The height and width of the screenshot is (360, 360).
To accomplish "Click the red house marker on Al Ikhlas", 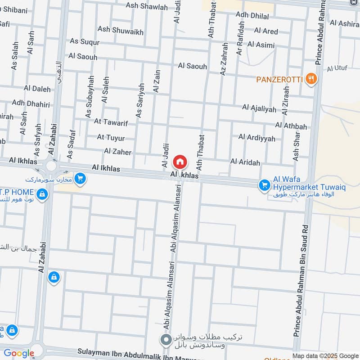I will pos(180,161).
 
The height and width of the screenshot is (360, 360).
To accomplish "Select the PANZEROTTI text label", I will pos(279,80).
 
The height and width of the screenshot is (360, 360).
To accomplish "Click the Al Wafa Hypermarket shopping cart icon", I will pos(264,185).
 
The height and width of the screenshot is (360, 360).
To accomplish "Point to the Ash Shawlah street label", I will pos(147,7).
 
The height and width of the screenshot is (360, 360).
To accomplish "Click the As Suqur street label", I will pos(84,41).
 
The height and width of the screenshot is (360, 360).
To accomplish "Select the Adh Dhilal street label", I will pos(252,16).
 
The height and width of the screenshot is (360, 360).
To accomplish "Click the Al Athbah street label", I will pos(291,126).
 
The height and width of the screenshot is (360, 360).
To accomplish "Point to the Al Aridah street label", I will pos(245,162).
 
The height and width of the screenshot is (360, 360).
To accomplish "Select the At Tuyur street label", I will pos(111,138).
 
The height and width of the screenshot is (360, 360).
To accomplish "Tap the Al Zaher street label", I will pos(117,152).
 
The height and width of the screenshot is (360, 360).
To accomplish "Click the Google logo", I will pos(19,353).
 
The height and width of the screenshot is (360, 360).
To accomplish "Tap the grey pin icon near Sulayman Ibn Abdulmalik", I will pos(166,339).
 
